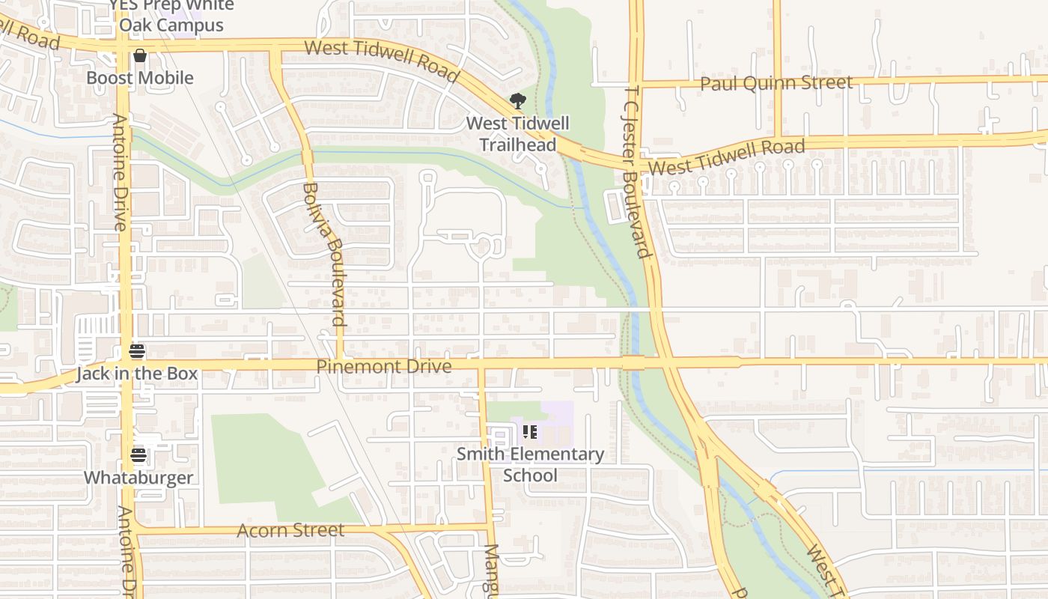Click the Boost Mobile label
[140, 78]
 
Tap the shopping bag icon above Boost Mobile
[140, 55]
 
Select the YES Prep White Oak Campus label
[171, 15]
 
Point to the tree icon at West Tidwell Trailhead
[517, 101]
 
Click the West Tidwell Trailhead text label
[518, 134]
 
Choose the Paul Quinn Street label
[776, 82]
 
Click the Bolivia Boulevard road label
[324, 255]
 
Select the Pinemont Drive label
[384, 366]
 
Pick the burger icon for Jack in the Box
[136, 351]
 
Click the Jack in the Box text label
[137, 374]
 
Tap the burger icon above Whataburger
[138, 454]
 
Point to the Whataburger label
[138, 478]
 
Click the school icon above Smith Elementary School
[530, 432]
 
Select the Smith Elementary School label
[530, 464]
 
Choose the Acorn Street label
[290, 530]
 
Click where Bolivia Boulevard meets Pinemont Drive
[340, 364]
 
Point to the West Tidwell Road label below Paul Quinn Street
[727, 156]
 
